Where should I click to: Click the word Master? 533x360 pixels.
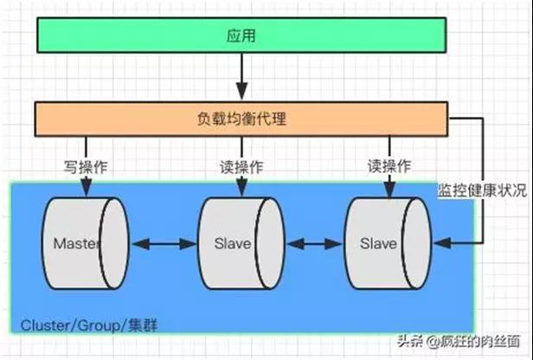tap(76, 244)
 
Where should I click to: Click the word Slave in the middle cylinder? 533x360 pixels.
tap(232, 244)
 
